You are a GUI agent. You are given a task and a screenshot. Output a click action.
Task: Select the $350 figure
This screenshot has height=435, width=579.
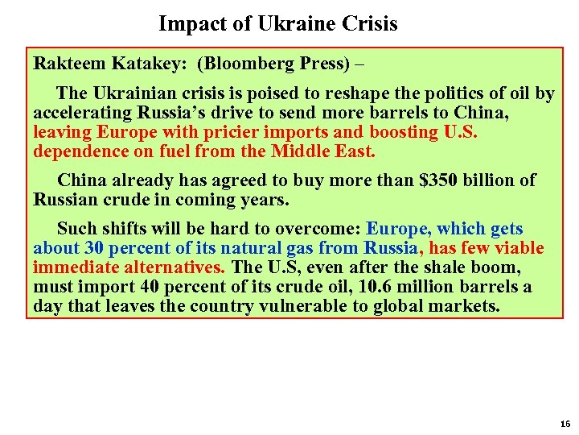click(443, 180)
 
